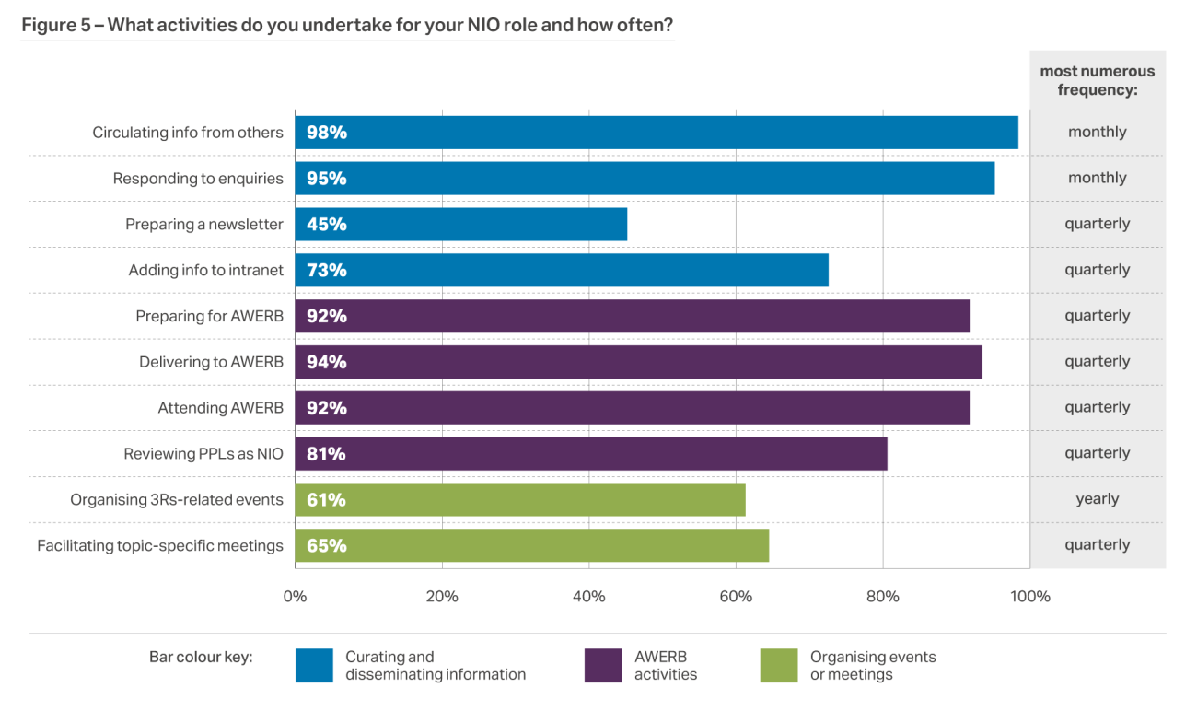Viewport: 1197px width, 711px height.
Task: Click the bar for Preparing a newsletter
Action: point(460,224)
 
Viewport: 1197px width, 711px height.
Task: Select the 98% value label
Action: point(327,133)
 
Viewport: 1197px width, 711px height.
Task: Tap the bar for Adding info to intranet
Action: point(562,270)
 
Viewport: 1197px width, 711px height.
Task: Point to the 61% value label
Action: point(327,500)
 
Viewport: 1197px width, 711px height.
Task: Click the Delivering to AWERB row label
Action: point(211,362)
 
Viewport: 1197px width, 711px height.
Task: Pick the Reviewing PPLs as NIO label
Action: point(203,454)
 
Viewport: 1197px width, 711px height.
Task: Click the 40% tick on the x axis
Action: point(589,597)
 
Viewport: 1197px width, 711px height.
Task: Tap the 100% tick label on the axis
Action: point(1030,597)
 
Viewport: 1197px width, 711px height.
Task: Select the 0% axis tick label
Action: point(295,597)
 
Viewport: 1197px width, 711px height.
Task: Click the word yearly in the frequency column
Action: point(1097,499)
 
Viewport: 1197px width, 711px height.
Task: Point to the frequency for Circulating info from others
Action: point(1097,133)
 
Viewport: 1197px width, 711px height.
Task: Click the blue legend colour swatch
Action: point(314,666)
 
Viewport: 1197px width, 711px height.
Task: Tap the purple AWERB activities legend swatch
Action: point(603,666)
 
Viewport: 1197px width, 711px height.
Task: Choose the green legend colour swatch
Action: point(779,666)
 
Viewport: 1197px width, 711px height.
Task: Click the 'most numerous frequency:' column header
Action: point(1097,80)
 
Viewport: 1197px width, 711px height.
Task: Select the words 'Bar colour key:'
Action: point(201,658)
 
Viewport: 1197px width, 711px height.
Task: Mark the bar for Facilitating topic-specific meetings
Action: point(531,545)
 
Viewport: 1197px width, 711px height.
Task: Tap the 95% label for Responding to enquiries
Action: point(327,179)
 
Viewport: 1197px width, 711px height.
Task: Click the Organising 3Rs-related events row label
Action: point(177,500)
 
